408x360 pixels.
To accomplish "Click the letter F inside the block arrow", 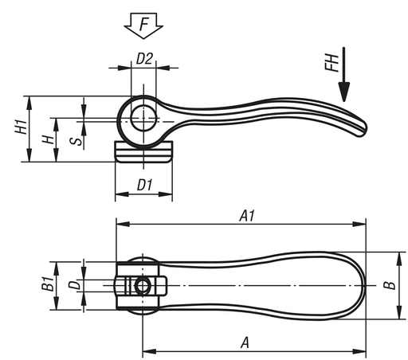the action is click(x=143, y=24).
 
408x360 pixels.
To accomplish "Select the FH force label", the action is click(x=331, y=63).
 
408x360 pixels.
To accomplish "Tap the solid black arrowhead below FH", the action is click(x=344, y=92).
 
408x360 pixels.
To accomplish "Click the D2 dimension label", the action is click(x=144, y=59).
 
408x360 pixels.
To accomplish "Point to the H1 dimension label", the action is click(x=21, y=127).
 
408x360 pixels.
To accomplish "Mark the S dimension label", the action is click(x=76, y=142).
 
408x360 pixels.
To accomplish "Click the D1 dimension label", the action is click(x=145, y=185).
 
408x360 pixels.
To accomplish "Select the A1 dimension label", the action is click(x=247, y=216).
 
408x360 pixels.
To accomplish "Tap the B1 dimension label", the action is click(x=48, y=284).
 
